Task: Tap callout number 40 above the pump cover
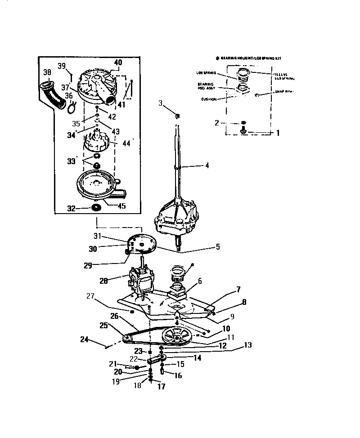click(x=118, y=63)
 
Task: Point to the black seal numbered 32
click(x=96, y=208)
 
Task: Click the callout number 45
click(x=121, y=206)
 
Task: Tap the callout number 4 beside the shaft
click(x=207, y=165)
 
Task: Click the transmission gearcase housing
click(x=176, y=216)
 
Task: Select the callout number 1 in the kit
click(x=278, y=133)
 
